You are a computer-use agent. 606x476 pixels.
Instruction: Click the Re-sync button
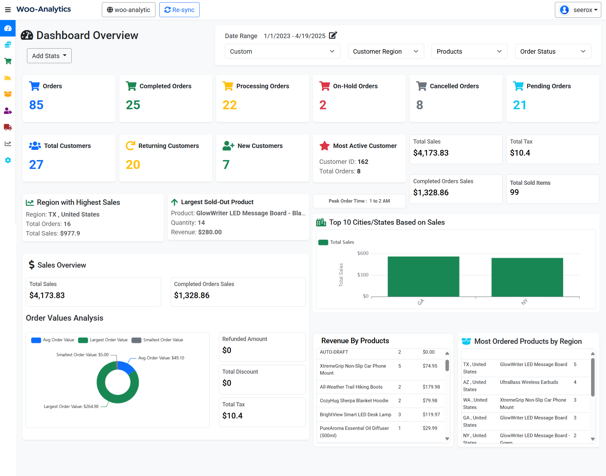tap(179, 10)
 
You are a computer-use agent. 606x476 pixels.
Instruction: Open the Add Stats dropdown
tap(49, 56)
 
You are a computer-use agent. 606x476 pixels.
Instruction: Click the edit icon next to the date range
tap(333, 35)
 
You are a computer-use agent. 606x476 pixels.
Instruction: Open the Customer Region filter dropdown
tap(385, 51)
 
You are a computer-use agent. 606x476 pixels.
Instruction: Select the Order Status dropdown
tap(553, 51)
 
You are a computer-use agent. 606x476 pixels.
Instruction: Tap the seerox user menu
tap(578, 10)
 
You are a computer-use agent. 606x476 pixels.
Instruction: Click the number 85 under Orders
tap(36, 105)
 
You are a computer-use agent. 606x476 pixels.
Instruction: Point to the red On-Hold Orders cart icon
tap(325, 86)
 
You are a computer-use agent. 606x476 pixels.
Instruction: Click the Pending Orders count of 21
tap(519, 105)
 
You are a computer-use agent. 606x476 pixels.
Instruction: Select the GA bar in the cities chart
tap(423, 277)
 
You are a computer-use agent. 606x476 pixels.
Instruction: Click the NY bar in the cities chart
tap(527, 277)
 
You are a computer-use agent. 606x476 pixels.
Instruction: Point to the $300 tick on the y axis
tap(363, 275)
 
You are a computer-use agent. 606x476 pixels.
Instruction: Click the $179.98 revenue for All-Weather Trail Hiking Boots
tap(431, 387)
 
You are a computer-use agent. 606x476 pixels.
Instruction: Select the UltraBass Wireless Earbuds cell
tap(529, 382)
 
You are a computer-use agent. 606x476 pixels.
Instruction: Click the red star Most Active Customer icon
tap(325, 146)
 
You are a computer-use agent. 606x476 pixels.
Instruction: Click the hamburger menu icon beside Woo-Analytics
tap(8, 10)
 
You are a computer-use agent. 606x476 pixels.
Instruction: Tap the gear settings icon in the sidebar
tap(8, 160)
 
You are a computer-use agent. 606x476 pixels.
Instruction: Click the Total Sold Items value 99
tap(514, 192)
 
